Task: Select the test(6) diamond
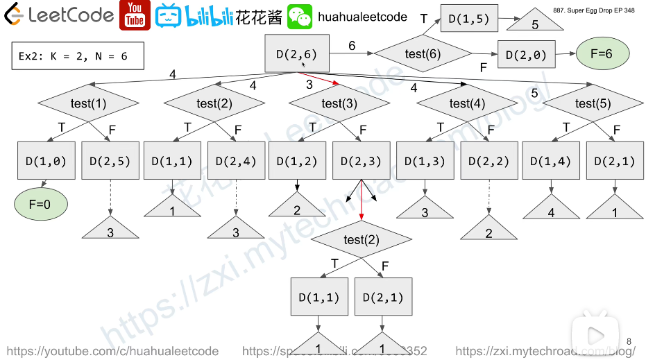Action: [x=423, y=54]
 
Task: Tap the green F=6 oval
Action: [x=602, y=53]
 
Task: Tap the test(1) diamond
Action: [x=88, y=103]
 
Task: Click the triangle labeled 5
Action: [x=535, y=23]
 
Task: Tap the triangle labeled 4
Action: [x=552, y=209]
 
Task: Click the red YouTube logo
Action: [x=135, y=15]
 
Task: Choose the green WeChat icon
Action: [x=300, y=16]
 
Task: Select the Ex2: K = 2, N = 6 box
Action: [x=78, y=56]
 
